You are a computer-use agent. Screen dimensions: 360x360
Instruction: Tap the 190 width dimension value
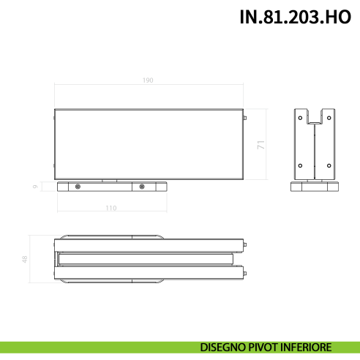click(x=149, y=80)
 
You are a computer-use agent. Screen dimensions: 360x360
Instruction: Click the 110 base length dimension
click(x=110, y=209)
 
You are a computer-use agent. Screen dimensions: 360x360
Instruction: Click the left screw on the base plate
click(x=78, y=187)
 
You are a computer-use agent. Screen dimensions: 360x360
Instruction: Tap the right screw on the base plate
click(x=143, y=187)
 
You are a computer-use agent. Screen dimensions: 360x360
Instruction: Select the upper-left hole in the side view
click(x=300, y=117)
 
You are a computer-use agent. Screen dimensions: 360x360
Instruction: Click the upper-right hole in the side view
click(x=330, y=117)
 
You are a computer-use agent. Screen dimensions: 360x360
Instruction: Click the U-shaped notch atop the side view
click(x=315, y=116)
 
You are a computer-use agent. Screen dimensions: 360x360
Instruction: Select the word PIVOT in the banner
click(x=266, y=348)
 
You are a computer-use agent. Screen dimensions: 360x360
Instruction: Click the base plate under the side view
click(x=315, y=187)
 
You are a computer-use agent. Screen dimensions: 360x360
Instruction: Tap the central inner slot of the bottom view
click(x=146, y=260)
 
